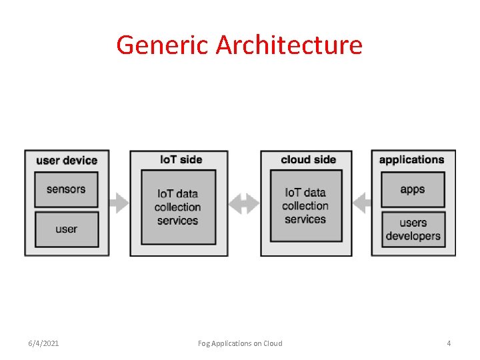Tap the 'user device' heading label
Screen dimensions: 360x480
click(x=67, y=160)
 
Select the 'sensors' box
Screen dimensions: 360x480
click(x=66, y=189)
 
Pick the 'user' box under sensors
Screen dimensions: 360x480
click(x=66, y=229)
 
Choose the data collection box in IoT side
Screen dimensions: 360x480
click(x=178, y=207)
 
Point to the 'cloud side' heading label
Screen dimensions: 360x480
click(x=308, y=159)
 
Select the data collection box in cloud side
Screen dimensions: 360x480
click(x=305, y=205)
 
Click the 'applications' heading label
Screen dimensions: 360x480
click(x=411, y=159)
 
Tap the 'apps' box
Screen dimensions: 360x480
click(x=413, y=189)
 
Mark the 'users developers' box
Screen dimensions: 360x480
click(x=413, y=229)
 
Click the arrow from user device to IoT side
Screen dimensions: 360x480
click(x=119, y=202)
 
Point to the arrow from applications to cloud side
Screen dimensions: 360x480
click(x=361, y=202)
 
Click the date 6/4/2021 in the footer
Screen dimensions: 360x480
click(x=43, y=343)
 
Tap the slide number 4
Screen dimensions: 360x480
click(x=449, y=343)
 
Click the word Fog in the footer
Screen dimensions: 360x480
click(x=204, y=343)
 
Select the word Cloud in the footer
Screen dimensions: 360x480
click(x=273, y=343)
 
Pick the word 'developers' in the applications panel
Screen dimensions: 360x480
click(x=413, y=236)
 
